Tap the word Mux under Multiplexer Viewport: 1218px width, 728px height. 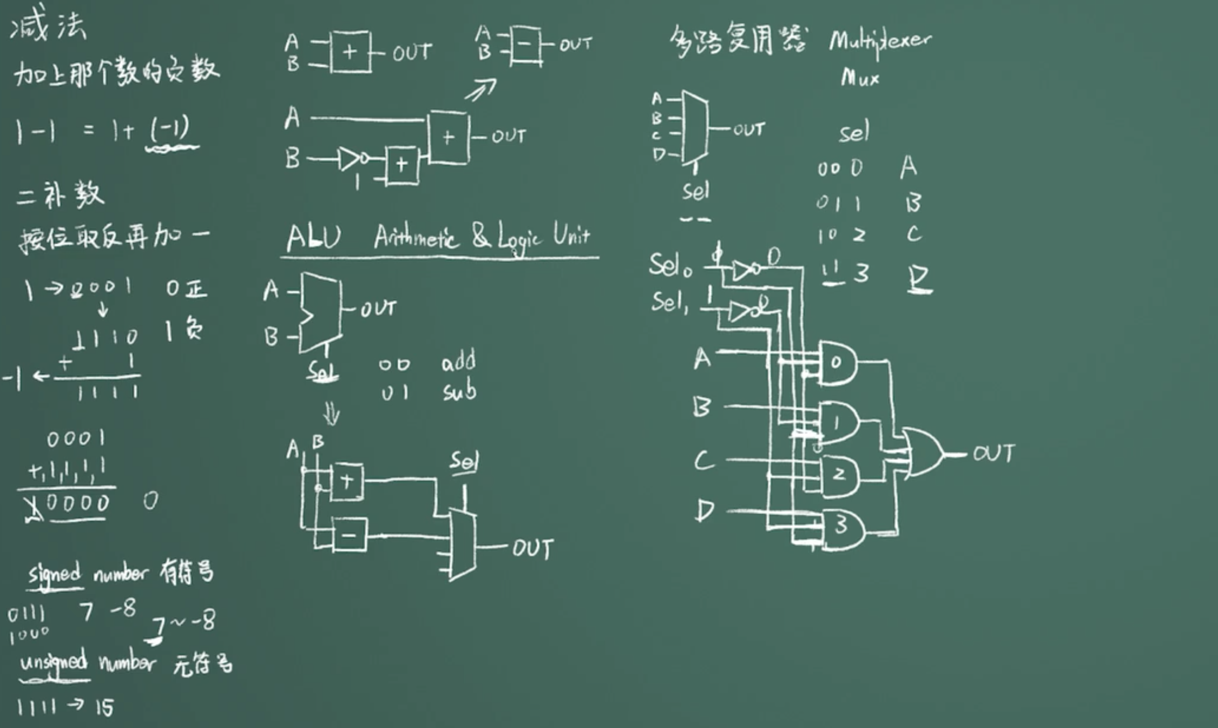860,78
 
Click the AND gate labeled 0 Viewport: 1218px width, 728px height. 837,363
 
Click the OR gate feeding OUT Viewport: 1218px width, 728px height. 922,453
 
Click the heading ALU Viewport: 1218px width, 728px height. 314,238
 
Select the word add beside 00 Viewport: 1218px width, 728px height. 458,361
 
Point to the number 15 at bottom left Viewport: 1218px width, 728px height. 104,708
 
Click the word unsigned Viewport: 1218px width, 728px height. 53,662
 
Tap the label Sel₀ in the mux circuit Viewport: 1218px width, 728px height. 669,265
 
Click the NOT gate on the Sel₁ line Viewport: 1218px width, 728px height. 746,311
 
